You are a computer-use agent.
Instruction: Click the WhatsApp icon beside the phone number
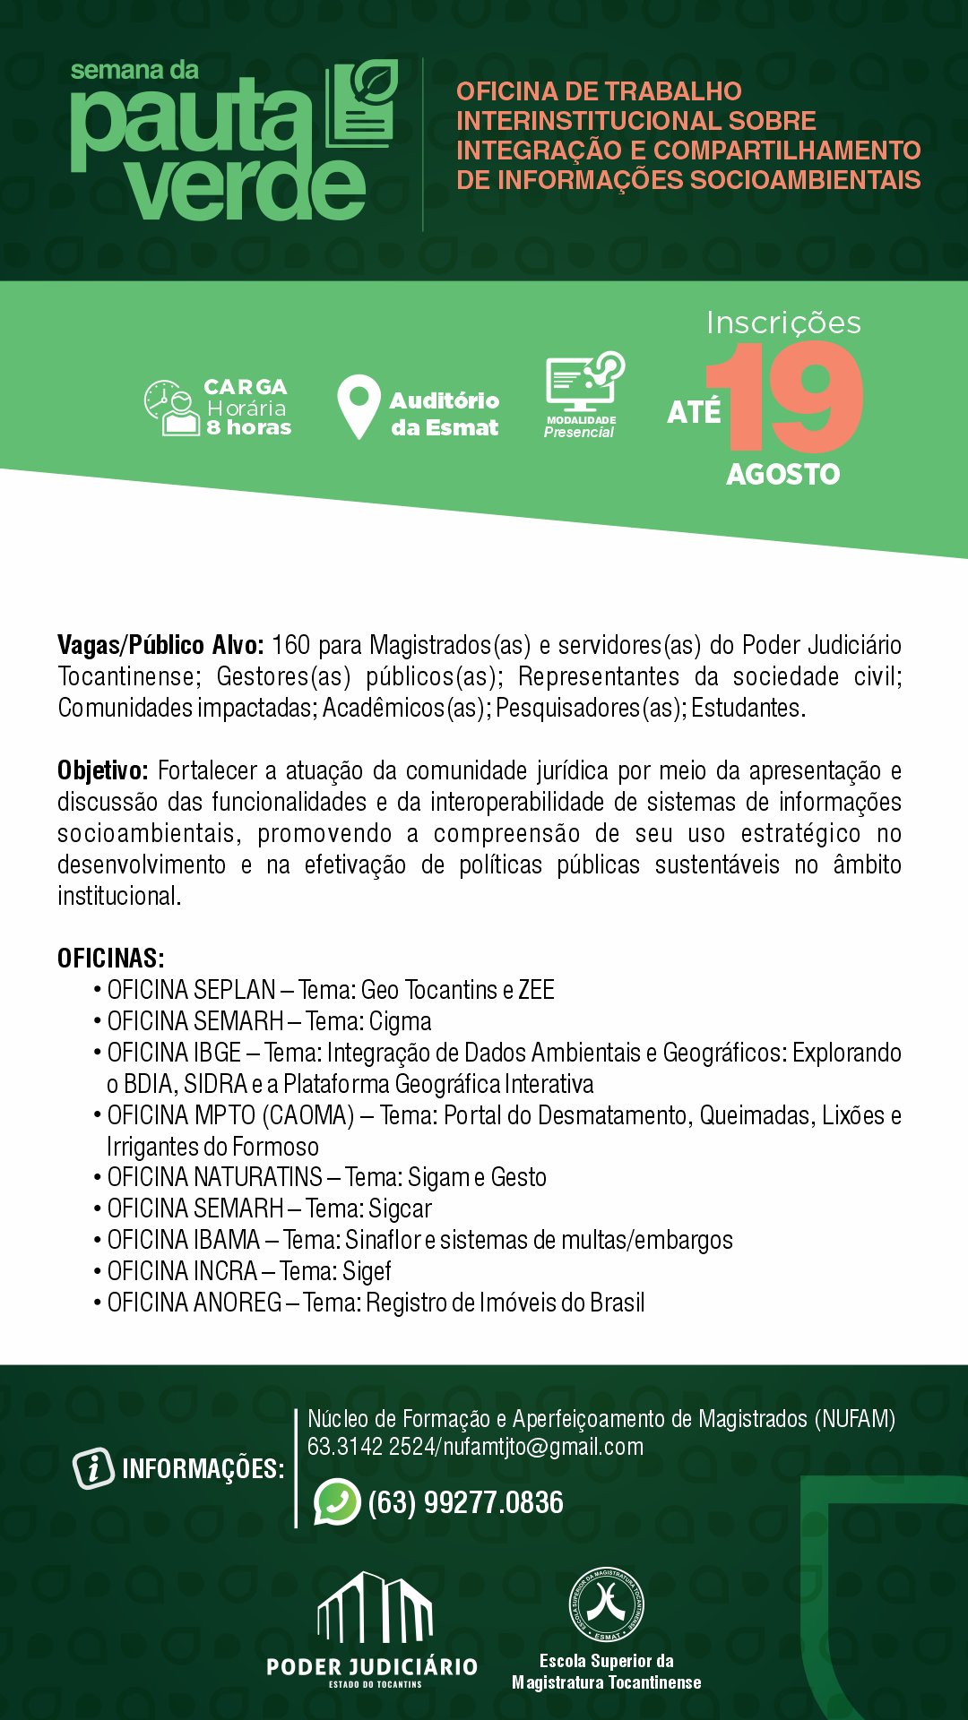pos(337,1501)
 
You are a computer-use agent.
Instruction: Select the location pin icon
pos(359,406)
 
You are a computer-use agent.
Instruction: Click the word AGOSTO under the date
pos(782,474)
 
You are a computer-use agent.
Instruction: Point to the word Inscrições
pos(783,322)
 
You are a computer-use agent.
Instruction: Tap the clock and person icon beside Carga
pos(171,408)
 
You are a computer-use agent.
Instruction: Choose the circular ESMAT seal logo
pos(607,1604)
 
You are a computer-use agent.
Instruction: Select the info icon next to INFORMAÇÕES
pos(93,1468)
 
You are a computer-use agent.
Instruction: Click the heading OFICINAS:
pos(111,959)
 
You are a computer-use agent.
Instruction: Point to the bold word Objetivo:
pos(102,770)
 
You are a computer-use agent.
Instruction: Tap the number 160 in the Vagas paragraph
pos(290,645)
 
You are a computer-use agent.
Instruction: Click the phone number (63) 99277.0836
pos(465,1502)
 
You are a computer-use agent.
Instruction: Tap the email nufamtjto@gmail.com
pos(543,1447)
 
